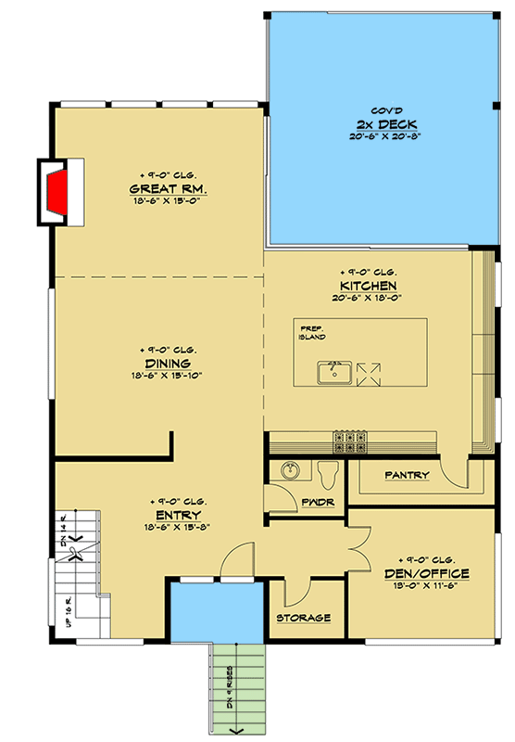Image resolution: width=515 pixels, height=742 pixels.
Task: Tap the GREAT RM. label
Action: click(168, 191)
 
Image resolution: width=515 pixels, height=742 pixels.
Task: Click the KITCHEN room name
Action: click(368, 286)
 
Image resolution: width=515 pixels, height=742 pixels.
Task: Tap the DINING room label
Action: click(168, 364)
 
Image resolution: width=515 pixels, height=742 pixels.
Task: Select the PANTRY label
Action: click(408, 476)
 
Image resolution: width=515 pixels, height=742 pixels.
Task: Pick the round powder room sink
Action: click(288, 470)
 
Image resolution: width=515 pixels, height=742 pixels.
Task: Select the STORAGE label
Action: click(303, 618)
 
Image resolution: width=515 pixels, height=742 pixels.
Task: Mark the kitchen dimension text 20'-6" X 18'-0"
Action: click(368, 298)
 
